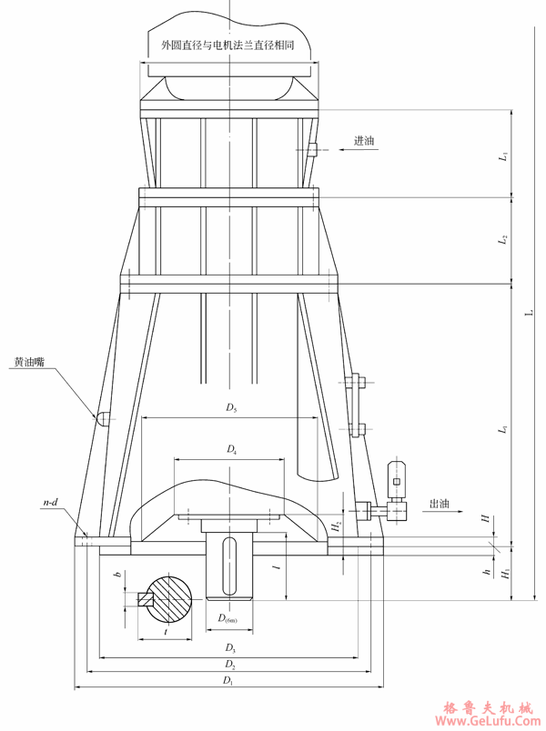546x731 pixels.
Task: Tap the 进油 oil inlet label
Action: pyautogui.click(x=364, y=141)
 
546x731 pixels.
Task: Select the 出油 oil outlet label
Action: pyautogui.click(x=440, y=503)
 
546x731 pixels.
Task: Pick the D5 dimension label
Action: pyautogui.click(x=232, y=409)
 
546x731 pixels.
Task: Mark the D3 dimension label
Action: pyautogui.click(x=230, y=648)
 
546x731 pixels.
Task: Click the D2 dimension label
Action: pyautogui.click(x=230, y=666)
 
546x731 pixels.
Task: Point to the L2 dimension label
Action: pyautogui.click(x=502, y=241)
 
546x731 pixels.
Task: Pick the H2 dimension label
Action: pyautogui.click(x=337, y=526)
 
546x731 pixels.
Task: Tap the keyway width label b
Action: pyautogui.click(x=116, y=576)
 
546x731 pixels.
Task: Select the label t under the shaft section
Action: pyautogui.click(x=164, y=629)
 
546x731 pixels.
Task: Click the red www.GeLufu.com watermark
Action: pyautogui.click(x=490, y=720)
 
